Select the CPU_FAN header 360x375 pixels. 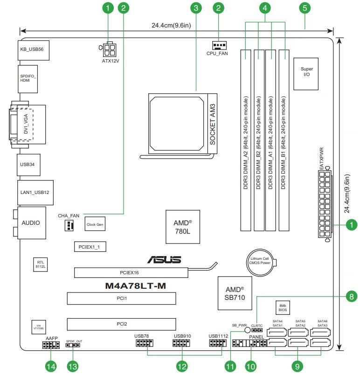point(218,45)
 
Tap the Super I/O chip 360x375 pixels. point(306,72)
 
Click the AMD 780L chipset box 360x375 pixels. point(182,227)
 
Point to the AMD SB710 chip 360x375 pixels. point(235,292)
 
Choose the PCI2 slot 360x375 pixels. point(121,323)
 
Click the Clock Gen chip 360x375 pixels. point(95,224)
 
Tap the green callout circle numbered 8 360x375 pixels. point(350,296)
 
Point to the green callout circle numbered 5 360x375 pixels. point(305,7)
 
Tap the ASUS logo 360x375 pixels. point(164,259)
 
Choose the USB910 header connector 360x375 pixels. point(182,344)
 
